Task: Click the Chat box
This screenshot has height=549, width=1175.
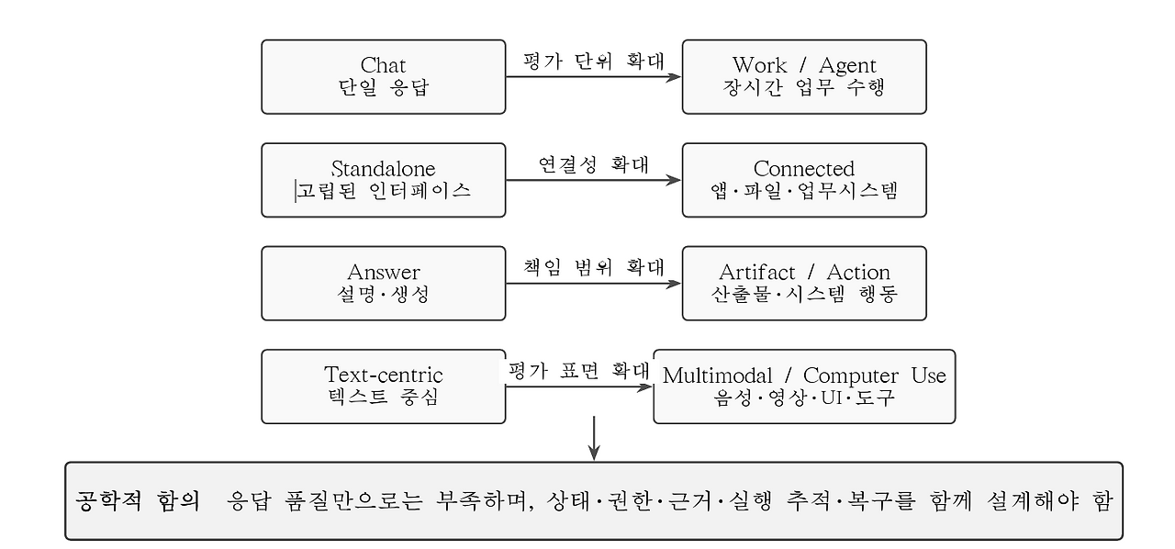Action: click(x=384, y=76)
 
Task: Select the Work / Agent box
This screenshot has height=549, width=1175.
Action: click(x=804, y=76)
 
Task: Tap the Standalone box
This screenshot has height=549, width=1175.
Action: click(x=384, y=180)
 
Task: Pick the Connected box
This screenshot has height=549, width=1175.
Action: click(x=804, y=180)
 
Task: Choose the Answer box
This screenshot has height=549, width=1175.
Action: click(x=384, y=284)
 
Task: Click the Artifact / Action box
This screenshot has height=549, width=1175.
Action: click(x=804, y=284)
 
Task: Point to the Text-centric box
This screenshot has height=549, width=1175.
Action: click(x=384, y=387)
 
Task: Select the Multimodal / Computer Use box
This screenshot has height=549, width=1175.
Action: click(x=804, y=387)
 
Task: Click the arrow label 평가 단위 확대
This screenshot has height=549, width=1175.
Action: click(x=594, y=61)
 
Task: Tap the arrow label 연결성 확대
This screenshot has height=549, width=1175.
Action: click(x=594, y=165)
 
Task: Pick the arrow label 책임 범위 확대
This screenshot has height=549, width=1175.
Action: click(x=594, y=268)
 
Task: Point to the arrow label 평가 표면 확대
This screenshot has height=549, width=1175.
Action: click(x=579, y=371)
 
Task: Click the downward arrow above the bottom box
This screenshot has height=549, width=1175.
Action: click(x=594, y=438)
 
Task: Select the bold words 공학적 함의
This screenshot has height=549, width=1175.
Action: click(x=138, y=500)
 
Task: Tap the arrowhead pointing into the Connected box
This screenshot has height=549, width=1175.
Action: click(x=674, y=181)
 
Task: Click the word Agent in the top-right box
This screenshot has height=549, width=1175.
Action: click(x=847, y=66)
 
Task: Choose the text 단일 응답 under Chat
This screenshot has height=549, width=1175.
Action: click(x=384, y=87)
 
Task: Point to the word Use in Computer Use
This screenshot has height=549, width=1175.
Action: click(x=928, y=375)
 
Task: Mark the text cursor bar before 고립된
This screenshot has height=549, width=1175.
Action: click(x=296, y=191)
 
